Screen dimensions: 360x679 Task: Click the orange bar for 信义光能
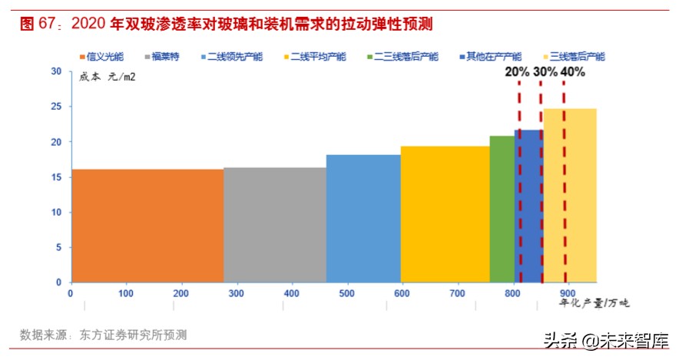147,225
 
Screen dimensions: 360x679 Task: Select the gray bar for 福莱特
274,224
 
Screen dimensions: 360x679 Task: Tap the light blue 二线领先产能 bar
363,218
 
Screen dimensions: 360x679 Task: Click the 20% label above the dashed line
516,72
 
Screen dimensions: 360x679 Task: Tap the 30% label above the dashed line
545,72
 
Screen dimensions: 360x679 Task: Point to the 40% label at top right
572,72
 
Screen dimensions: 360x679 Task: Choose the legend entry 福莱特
161,57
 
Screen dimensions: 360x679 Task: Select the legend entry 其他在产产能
493,57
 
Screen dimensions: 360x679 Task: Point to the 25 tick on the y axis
56,107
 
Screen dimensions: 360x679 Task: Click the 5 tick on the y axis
58,247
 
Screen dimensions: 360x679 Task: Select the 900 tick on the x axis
567,293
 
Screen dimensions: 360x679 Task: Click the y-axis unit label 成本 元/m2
107,77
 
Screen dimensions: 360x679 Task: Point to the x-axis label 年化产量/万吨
592,304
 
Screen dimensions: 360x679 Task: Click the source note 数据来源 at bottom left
103,335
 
